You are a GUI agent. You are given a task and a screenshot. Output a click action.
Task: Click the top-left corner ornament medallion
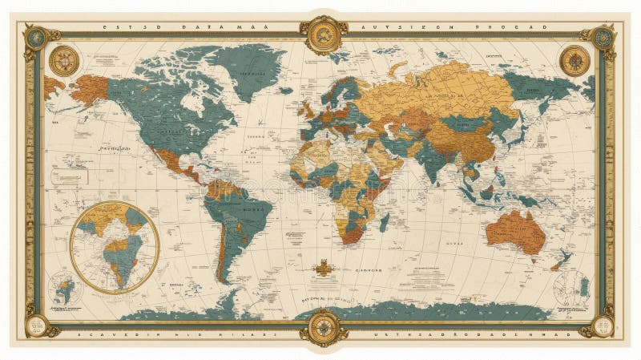point(35,36)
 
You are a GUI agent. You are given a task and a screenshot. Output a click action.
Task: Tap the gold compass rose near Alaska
point(64,59)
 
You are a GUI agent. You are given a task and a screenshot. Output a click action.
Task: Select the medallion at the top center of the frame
point(324,33)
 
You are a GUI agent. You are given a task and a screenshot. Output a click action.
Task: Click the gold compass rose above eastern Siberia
point(574,59)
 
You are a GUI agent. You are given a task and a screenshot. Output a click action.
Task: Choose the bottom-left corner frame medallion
point(35,324)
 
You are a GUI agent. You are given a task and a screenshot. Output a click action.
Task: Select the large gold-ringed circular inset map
point(115,246)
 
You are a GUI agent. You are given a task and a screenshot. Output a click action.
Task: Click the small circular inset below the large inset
point(64,286)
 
